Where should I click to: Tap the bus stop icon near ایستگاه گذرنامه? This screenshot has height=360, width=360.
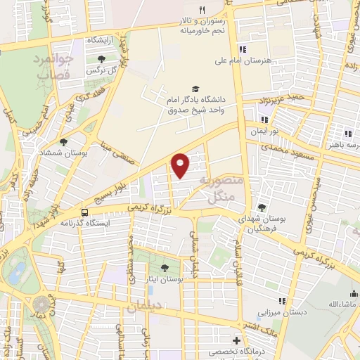(85, 212)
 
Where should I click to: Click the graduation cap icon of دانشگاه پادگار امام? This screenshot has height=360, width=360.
(195, 89)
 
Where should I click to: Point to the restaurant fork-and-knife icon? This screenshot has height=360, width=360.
(202, 10)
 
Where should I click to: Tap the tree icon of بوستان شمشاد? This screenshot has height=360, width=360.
(64, 142)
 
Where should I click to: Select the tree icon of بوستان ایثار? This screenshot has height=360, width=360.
(164, 268)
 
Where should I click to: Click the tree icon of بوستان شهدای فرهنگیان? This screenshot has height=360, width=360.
(262, 207)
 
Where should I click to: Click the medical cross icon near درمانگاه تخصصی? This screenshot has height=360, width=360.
(237, 340)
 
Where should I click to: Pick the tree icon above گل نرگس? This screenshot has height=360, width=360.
(101, 59)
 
